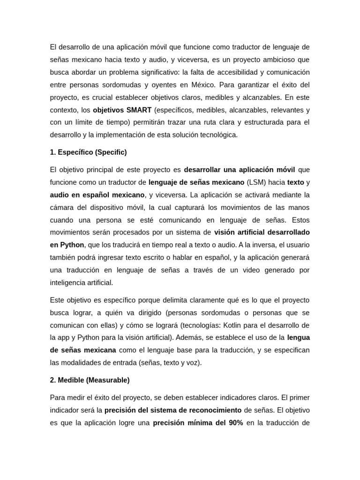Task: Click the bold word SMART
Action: tap(139, 110)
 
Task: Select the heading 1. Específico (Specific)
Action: tap(88, 152)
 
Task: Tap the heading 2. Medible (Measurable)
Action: tap(90, 380)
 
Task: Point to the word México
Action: tap(204, 85)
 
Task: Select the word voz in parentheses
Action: tap(193, 363)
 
